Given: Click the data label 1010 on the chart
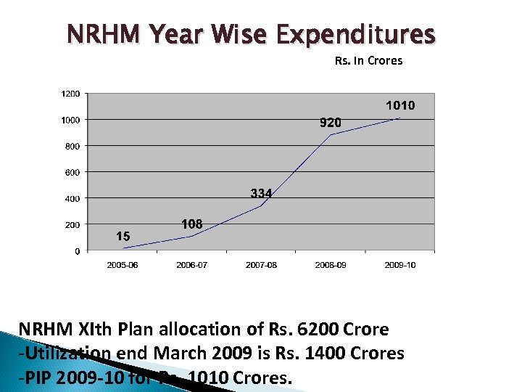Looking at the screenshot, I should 400,106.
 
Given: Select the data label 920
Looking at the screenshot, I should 331,123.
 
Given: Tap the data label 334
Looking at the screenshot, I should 261,194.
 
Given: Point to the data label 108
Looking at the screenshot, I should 191,224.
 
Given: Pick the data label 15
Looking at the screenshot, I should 123,236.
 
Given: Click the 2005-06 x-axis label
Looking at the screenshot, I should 123,265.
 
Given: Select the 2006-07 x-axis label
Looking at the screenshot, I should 191,265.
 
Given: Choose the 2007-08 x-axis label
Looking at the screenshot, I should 261,265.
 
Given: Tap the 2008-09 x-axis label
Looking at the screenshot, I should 331,265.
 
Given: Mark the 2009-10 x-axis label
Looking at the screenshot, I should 400,265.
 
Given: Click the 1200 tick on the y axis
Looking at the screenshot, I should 71,94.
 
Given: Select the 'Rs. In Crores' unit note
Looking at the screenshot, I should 368,61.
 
